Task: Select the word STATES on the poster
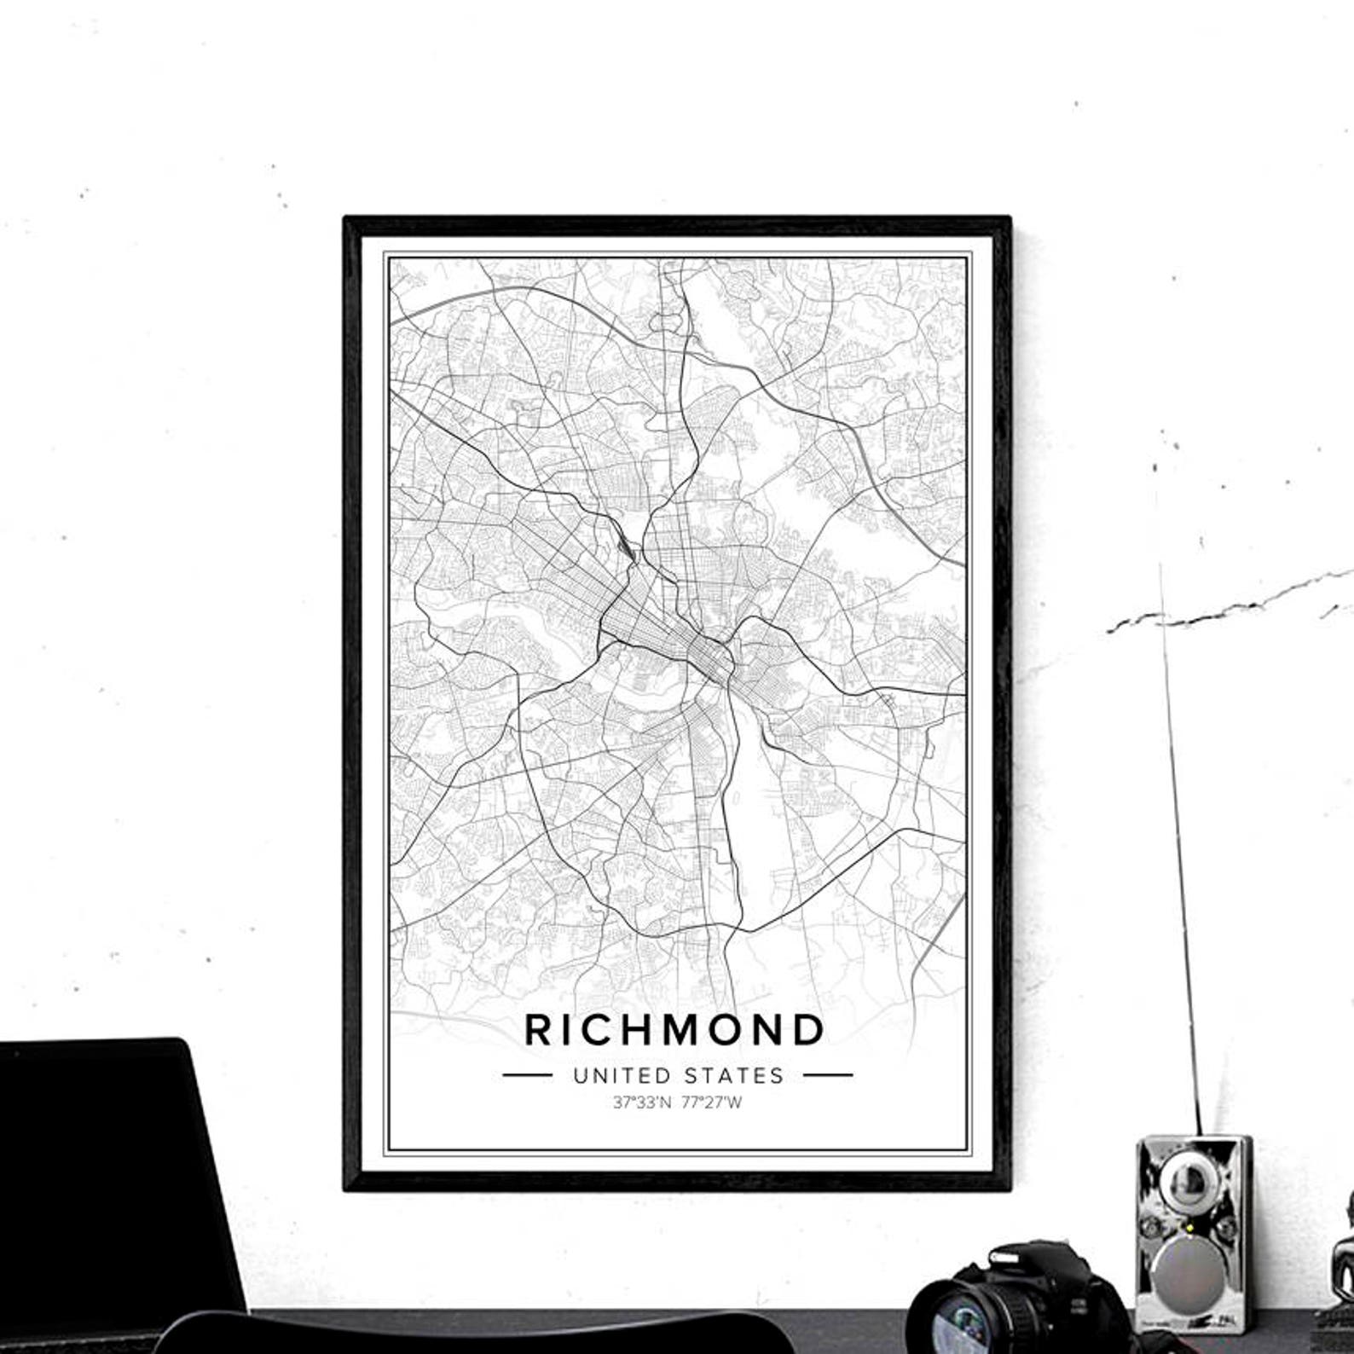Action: tap(738, 1075)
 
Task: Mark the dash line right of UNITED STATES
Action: tap(827, 1075)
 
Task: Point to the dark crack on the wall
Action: tap(1211, 610)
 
